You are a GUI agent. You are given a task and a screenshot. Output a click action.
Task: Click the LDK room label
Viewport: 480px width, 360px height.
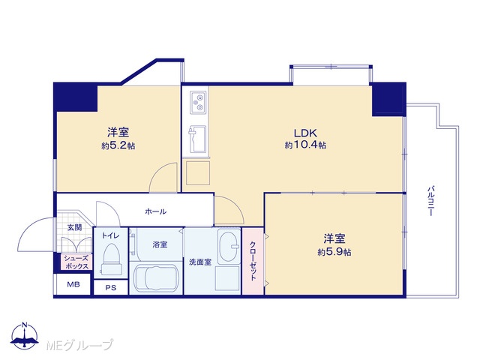(x=305, y=133)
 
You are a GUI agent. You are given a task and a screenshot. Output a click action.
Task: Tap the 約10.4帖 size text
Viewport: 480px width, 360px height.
(x=305, y=145)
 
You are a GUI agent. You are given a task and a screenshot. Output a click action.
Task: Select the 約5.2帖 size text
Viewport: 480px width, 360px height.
(x=118, y=145)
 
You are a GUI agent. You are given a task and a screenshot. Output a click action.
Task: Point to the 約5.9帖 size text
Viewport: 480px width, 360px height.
(x=334, y=252)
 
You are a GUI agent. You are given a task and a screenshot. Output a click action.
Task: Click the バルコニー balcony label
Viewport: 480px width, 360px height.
(x=430, y=201)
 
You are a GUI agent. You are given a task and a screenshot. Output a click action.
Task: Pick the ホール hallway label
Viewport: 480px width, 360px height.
(x=156, y=211)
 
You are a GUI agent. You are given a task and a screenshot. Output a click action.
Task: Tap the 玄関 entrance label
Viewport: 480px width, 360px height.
(x=75, y=227)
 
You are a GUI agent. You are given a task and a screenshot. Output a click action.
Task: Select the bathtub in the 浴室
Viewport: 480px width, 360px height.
(x=156, y=278)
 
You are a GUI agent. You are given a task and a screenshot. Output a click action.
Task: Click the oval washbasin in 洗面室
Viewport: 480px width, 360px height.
(x=229, y=247)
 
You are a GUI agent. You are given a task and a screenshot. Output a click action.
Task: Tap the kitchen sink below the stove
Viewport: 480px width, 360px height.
(x=198, y=139)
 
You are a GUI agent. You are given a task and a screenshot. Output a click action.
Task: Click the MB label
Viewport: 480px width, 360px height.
(x=73, y=284)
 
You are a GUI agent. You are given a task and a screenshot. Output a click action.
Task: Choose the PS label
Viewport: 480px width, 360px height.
(x=111, y=288)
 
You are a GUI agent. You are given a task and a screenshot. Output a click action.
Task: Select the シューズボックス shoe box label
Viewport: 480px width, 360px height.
(x=76, y=262)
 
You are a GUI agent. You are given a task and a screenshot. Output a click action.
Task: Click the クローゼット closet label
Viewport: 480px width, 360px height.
(x=253, y=261)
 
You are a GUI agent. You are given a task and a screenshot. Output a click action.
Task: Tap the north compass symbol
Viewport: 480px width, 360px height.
(x=25, y=336)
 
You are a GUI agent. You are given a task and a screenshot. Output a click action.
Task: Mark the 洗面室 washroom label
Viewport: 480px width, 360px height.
(x=200, y=262)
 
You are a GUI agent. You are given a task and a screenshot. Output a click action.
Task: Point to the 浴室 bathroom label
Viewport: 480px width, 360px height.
(x=160, y=244)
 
